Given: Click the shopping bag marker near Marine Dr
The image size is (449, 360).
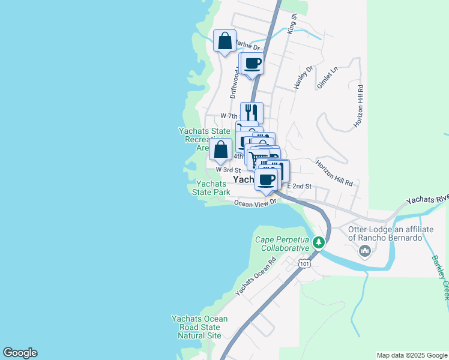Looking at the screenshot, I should pos(224,41).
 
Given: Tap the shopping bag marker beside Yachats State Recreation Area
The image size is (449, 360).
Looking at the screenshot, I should pos(221,149).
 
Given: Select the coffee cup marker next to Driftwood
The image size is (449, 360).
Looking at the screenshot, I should pos(253,64).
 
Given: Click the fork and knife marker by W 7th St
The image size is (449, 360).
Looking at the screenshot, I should pos(252,112).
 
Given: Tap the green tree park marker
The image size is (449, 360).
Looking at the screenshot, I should pos(319,242).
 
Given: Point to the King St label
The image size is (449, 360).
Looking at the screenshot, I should pos(292,25).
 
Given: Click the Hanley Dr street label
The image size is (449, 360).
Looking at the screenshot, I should pos(304,78).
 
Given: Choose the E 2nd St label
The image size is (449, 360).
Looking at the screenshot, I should pos(298,186).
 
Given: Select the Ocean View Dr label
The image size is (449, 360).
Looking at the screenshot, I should pos(255,203).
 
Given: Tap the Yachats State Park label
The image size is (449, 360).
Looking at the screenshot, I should pos(211,188).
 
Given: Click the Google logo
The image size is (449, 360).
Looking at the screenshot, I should pos(20,353).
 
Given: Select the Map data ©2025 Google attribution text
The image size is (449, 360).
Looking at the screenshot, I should pos(411,355).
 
